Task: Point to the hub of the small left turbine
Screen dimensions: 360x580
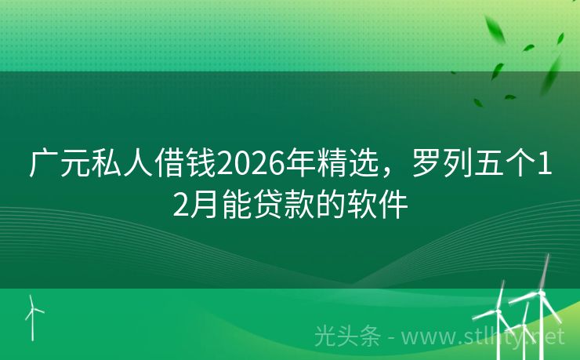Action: [x=33, y=307]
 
